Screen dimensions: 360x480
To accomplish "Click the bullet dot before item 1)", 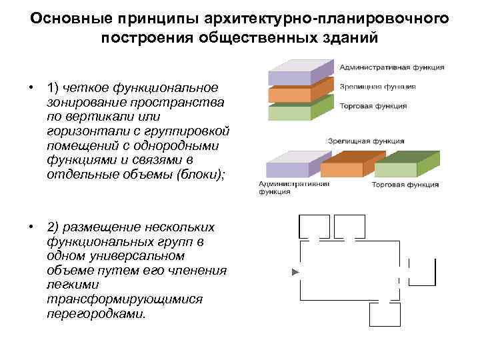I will [x=31, y=88].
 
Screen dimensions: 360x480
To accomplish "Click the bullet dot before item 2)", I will [x=31, y=227].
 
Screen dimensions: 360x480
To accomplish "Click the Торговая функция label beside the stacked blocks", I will [x=375, y=105].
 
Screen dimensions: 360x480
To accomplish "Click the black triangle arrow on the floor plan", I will [x=295, y=272].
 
